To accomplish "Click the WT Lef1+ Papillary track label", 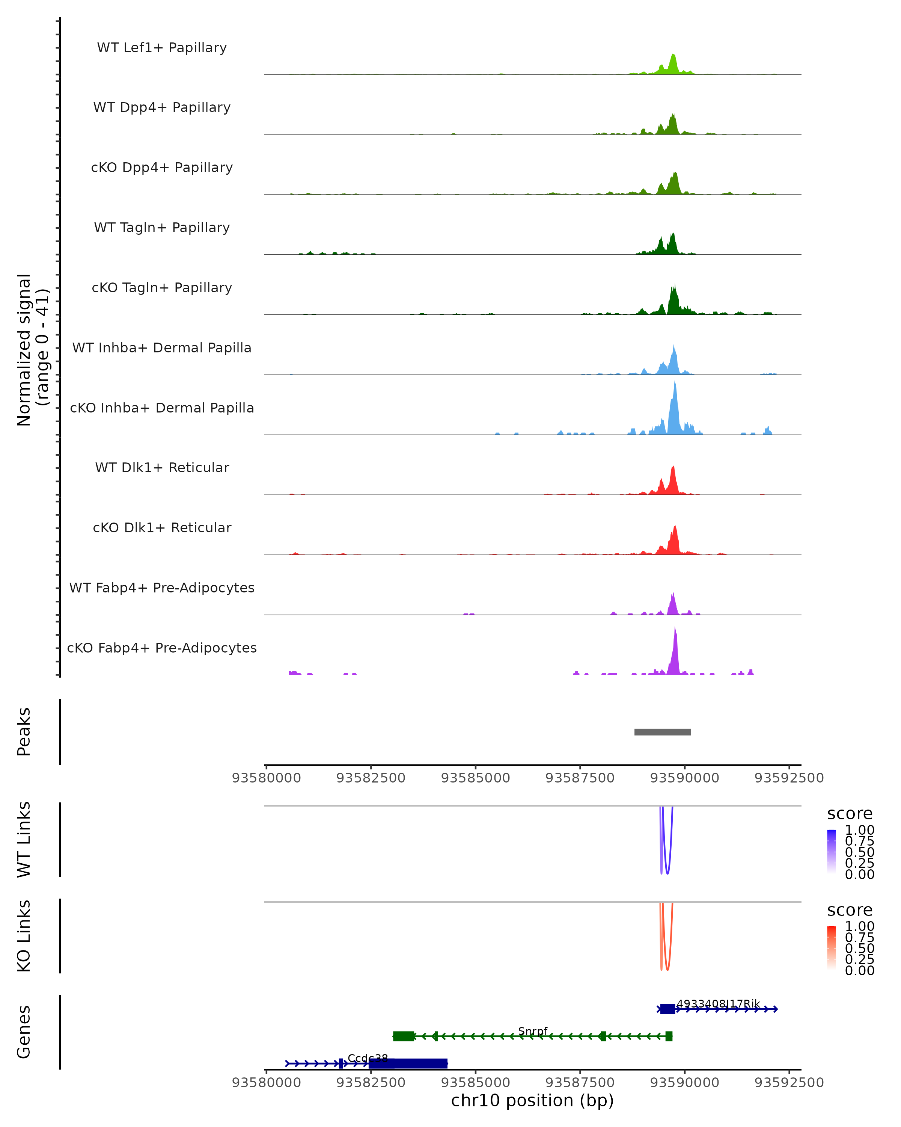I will [x=162, y=48].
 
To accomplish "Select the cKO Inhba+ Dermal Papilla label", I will [x=162, y=408].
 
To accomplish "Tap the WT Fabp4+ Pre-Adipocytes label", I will [x=162, y=588].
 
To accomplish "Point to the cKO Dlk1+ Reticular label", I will [x=162, y=527].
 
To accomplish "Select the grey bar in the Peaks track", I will [x=662, y=732].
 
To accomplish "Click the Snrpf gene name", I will [x=533, y=1031].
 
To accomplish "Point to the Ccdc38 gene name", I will [x=368, y=1058].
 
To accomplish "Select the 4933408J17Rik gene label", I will [x=718, y=1004].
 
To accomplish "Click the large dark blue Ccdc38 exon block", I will [x=408, y=1063].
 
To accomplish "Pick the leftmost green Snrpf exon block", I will [x=403, y=1036].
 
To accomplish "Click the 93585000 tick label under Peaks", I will [x=475, y=778].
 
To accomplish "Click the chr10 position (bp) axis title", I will [x=532, y=1100].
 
